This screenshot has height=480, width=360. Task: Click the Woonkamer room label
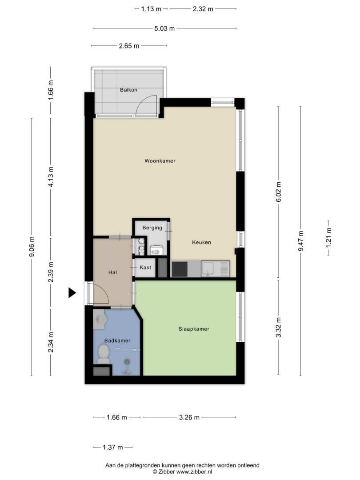click(x=160, y=161)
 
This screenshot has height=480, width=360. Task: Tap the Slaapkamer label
click(x=194, y=329)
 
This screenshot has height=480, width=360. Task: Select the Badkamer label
click(x=117, y=340)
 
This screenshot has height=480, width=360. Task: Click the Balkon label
click(x=128, y=90)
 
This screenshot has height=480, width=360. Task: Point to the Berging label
click(x=152, y=228)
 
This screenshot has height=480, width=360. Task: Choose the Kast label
click(x=145, y=267)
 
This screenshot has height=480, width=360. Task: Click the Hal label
click(x=112, y=272)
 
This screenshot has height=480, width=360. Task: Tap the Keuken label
click(x=201, y=242)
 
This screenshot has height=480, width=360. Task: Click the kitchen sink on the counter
click(x=215, y=269)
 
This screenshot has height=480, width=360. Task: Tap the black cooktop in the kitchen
click(x=180, y=269)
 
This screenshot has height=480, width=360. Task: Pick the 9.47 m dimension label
click(x=300, y=241)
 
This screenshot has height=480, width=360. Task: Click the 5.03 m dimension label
click(x=164, y=28)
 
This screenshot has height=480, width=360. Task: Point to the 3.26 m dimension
click(x=189, y=417)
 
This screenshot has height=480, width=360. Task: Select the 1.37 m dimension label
click(x=112, y=447)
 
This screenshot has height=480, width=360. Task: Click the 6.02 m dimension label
click(x=278, y=192)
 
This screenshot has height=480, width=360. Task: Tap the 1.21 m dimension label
click(x=328, y=238)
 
